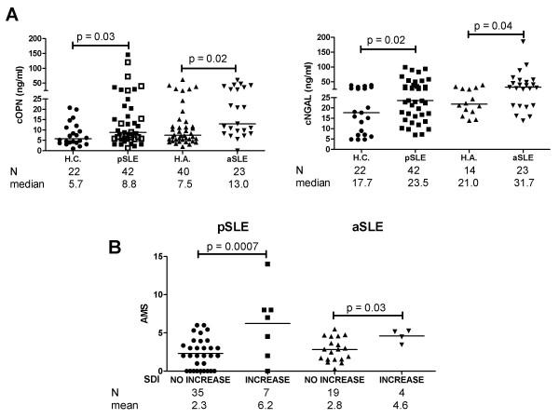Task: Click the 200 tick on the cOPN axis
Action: pyautogui.click(x=36, y=39)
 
